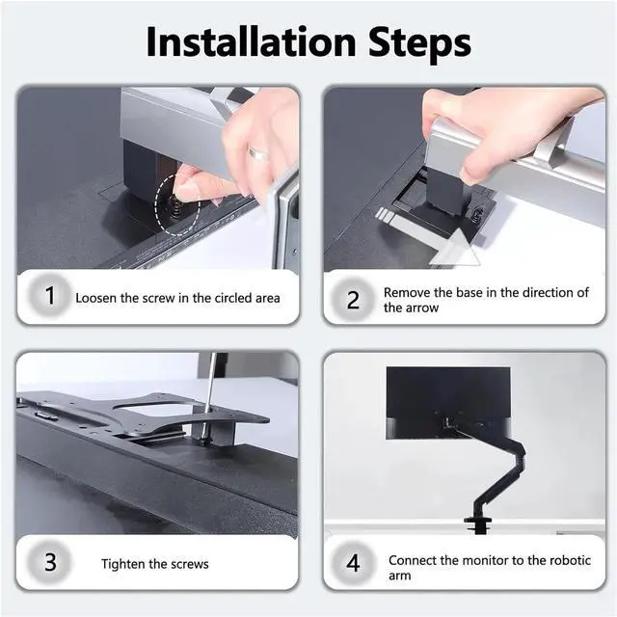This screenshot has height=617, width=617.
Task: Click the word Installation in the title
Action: tap(251, 41)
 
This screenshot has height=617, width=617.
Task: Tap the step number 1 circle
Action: tap(50, 296)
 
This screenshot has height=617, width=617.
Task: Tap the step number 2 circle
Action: tap(353, 300)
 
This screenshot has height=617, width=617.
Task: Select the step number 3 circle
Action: tap(50, 562)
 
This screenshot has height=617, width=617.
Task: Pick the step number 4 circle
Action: tap(353, 563)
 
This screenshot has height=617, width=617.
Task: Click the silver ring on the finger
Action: tap(258, 152)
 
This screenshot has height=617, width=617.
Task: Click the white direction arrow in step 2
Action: tap(428, 236)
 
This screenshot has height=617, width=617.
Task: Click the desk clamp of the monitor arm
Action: tap(478, 524)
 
